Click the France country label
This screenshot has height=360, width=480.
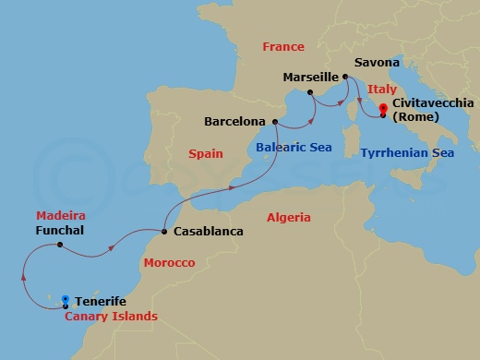coord(283,46)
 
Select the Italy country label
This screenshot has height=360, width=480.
coord(382,89)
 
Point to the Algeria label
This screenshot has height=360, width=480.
coord(289,217)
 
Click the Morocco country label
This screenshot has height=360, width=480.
coord(169,263)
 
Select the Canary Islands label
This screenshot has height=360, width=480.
coord(111,316)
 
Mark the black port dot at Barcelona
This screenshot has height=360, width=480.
coord(275,121)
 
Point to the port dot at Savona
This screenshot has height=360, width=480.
coord(344,77)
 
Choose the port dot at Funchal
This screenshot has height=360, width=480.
coord(60,245)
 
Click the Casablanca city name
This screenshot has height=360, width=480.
coord(208,232)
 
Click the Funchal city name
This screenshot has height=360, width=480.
coord(62,230)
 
